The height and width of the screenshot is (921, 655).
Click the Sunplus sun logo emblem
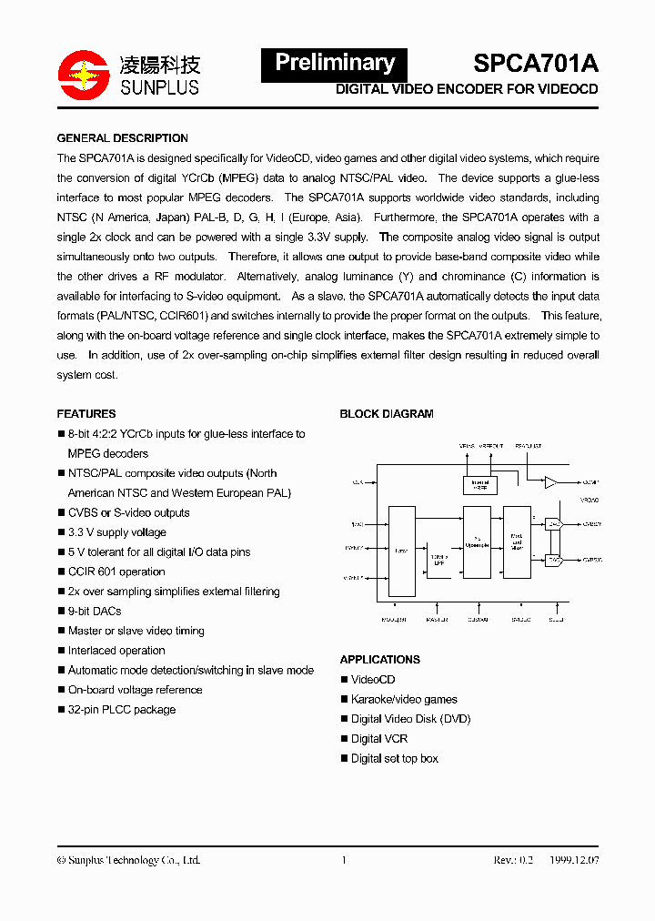83,73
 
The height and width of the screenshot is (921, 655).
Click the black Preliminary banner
334,63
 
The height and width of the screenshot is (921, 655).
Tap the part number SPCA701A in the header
536,63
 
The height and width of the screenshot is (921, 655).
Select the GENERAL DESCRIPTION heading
123,138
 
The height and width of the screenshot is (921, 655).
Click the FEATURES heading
86,413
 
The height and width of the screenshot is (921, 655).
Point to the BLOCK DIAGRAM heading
387,413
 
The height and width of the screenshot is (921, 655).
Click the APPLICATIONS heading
380,659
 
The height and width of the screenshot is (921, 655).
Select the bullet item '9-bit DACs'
95,611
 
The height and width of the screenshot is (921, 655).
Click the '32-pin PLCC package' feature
122,709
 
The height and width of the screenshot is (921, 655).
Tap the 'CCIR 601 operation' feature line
116,572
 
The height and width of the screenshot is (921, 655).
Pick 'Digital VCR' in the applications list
379,738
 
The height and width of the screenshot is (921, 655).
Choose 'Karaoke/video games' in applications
404,699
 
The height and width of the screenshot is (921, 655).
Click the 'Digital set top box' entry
395,758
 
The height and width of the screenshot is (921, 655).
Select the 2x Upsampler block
477,541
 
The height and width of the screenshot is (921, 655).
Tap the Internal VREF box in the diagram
480,484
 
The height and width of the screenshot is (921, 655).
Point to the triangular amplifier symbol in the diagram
550,482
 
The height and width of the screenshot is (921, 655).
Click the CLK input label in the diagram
357,481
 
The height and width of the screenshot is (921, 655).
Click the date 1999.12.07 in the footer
574,860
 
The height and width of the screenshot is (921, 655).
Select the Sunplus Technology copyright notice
128,860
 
